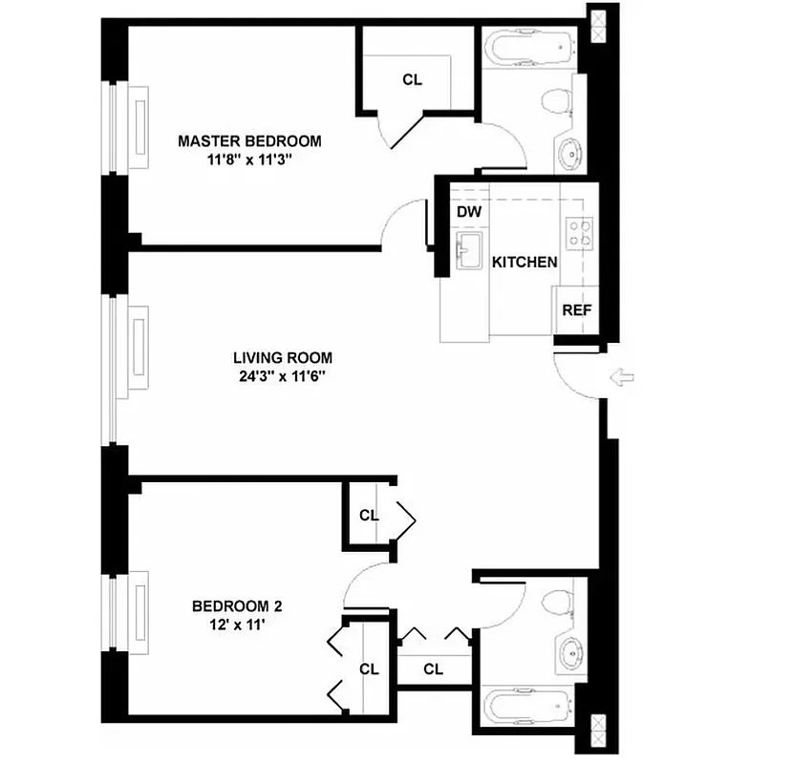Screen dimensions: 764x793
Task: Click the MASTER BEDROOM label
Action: pos(249,141)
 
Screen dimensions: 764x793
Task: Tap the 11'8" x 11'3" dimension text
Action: pos(249,160)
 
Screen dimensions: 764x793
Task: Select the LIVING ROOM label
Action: pos(283,358)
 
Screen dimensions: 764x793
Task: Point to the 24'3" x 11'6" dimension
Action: pos(283,376)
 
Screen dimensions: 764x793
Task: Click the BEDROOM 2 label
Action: pos(237,605)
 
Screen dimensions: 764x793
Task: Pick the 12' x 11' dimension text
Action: pos(237,625)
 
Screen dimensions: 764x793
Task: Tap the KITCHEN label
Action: pos(524,262)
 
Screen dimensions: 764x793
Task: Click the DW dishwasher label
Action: pos(468,212)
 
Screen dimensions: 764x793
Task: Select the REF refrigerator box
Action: pos(576,310)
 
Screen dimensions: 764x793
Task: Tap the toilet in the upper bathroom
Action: pos(555,101)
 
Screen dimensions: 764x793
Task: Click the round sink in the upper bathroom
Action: pos(569,153)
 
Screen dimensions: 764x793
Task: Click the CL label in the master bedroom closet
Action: pos(412,80)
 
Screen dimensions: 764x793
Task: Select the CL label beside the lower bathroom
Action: pos(433,668)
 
